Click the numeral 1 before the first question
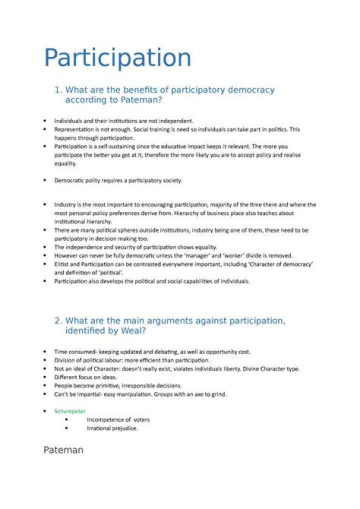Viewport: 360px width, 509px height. [57, 90]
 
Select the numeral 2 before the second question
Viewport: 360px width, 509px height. [57, 321]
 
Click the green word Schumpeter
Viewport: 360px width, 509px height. [70, 411]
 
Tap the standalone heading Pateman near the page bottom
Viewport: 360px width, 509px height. [63, 449]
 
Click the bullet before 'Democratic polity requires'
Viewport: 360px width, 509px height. [45, 180]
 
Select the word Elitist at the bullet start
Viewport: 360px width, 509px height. [62, 264]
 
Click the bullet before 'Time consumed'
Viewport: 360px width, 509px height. [45, 351]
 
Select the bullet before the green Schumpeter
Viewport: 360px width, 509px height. [45, 411]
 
